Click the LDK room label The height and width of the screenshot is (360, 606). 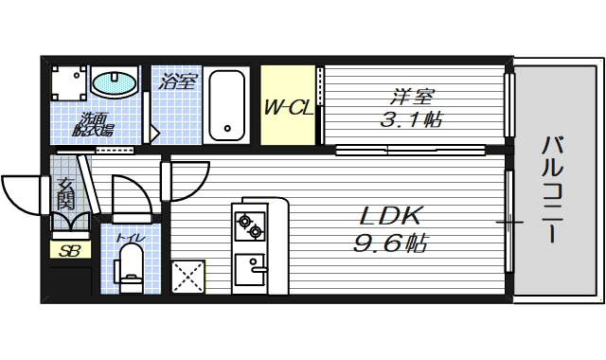point(389,216)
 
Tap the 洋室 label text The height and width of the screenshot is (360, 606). point(412,97)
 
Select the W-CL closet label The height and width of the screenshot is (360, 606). point(288,107)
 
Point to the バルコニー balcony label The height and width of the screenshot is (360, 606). point(552,189)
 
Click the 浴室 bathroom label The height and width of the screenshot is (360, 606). point(178,81)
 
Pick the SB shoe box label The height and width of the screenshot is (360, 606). point(69,251)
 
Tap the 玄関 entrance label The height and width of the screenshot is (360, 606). point(65,194)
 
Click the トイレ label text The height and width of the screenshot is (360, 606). point(131,238)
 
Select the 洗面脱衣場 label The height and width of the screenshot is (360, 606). point(93,124)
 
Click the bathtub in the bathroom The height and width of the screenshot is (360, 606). point(227,105)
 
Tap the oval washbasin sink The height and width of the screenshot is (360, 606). point(115,81)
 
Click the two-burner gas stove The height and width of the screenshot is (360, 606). point(250,225)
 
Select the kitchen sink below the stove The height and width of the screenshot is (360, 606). point(250,269)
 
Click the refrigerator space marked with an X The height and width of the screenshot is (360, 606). point(187,277)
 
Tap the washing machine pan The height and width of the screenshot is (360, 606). point(69,83)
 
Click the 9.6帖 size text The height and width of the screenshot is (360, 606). point(389,243)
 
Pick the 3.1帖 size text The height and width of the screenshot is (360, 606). point(411,119)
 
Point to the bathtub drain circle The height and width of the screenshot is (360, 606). point(227,129)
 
